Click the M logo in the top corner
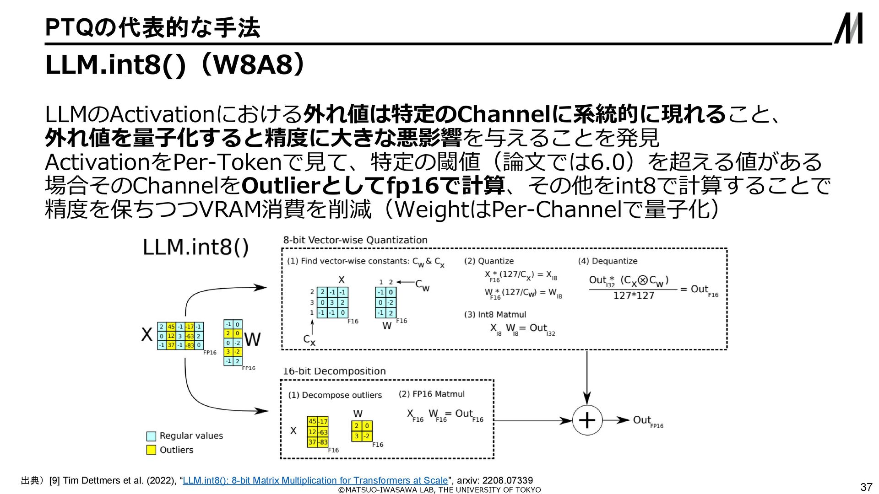click(848, 28)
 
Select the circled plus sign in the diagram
click(587, 420)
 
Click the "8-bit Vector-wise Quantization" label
click(355, 240)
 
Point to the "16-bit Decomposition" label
click(334, 371)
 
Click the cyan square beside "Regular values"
click(151, 436)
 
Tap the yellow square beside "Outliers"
click(151, 450)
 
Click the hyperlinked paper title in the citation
click(315, 480)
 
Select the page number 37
click(866, 487)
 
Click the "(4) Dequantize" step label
click(608, 261)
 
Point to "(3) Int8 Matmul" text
click(495, 314)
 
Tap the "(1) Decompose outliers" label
click(335, 395)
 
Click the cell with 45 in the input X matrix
click(171, 327)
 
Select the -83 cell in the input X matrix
click(190, 345)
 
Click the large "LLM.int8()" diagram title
click(195, 247)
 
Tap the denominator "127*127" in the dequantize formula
click(634, 296)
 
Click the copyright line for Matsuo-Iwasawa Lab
click(439, 490)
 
